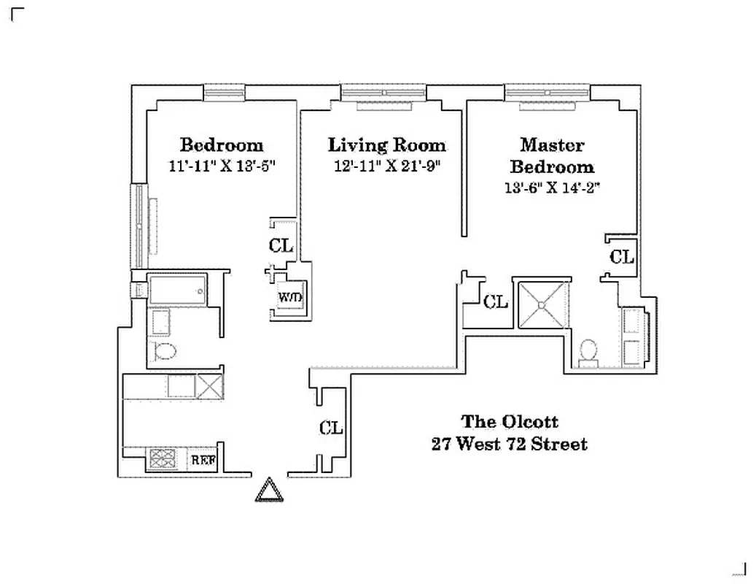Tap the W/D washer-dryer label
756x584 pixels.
289,297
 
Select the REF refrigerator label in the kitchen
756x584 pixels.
203,461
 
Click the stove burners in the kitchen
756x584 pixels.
163,459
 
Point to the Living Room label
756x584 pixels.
386,145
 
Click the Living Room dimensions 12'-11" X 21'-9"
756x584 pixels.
386,166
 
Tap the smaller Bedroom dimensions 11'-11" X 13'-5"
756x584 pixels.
221,166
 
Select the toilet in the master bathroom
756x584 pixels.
588,352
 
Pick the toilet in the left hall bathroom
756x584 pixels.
165,351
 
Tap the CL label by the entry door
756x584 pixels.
331,428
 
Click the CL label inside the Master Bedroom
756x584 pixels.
622,257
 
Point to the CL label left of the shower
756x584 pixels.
496,301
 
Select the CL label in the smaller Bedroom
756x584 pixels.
281,245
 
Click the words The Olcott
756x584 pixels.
510,422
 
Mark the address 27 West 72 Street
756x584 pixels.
509,444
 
